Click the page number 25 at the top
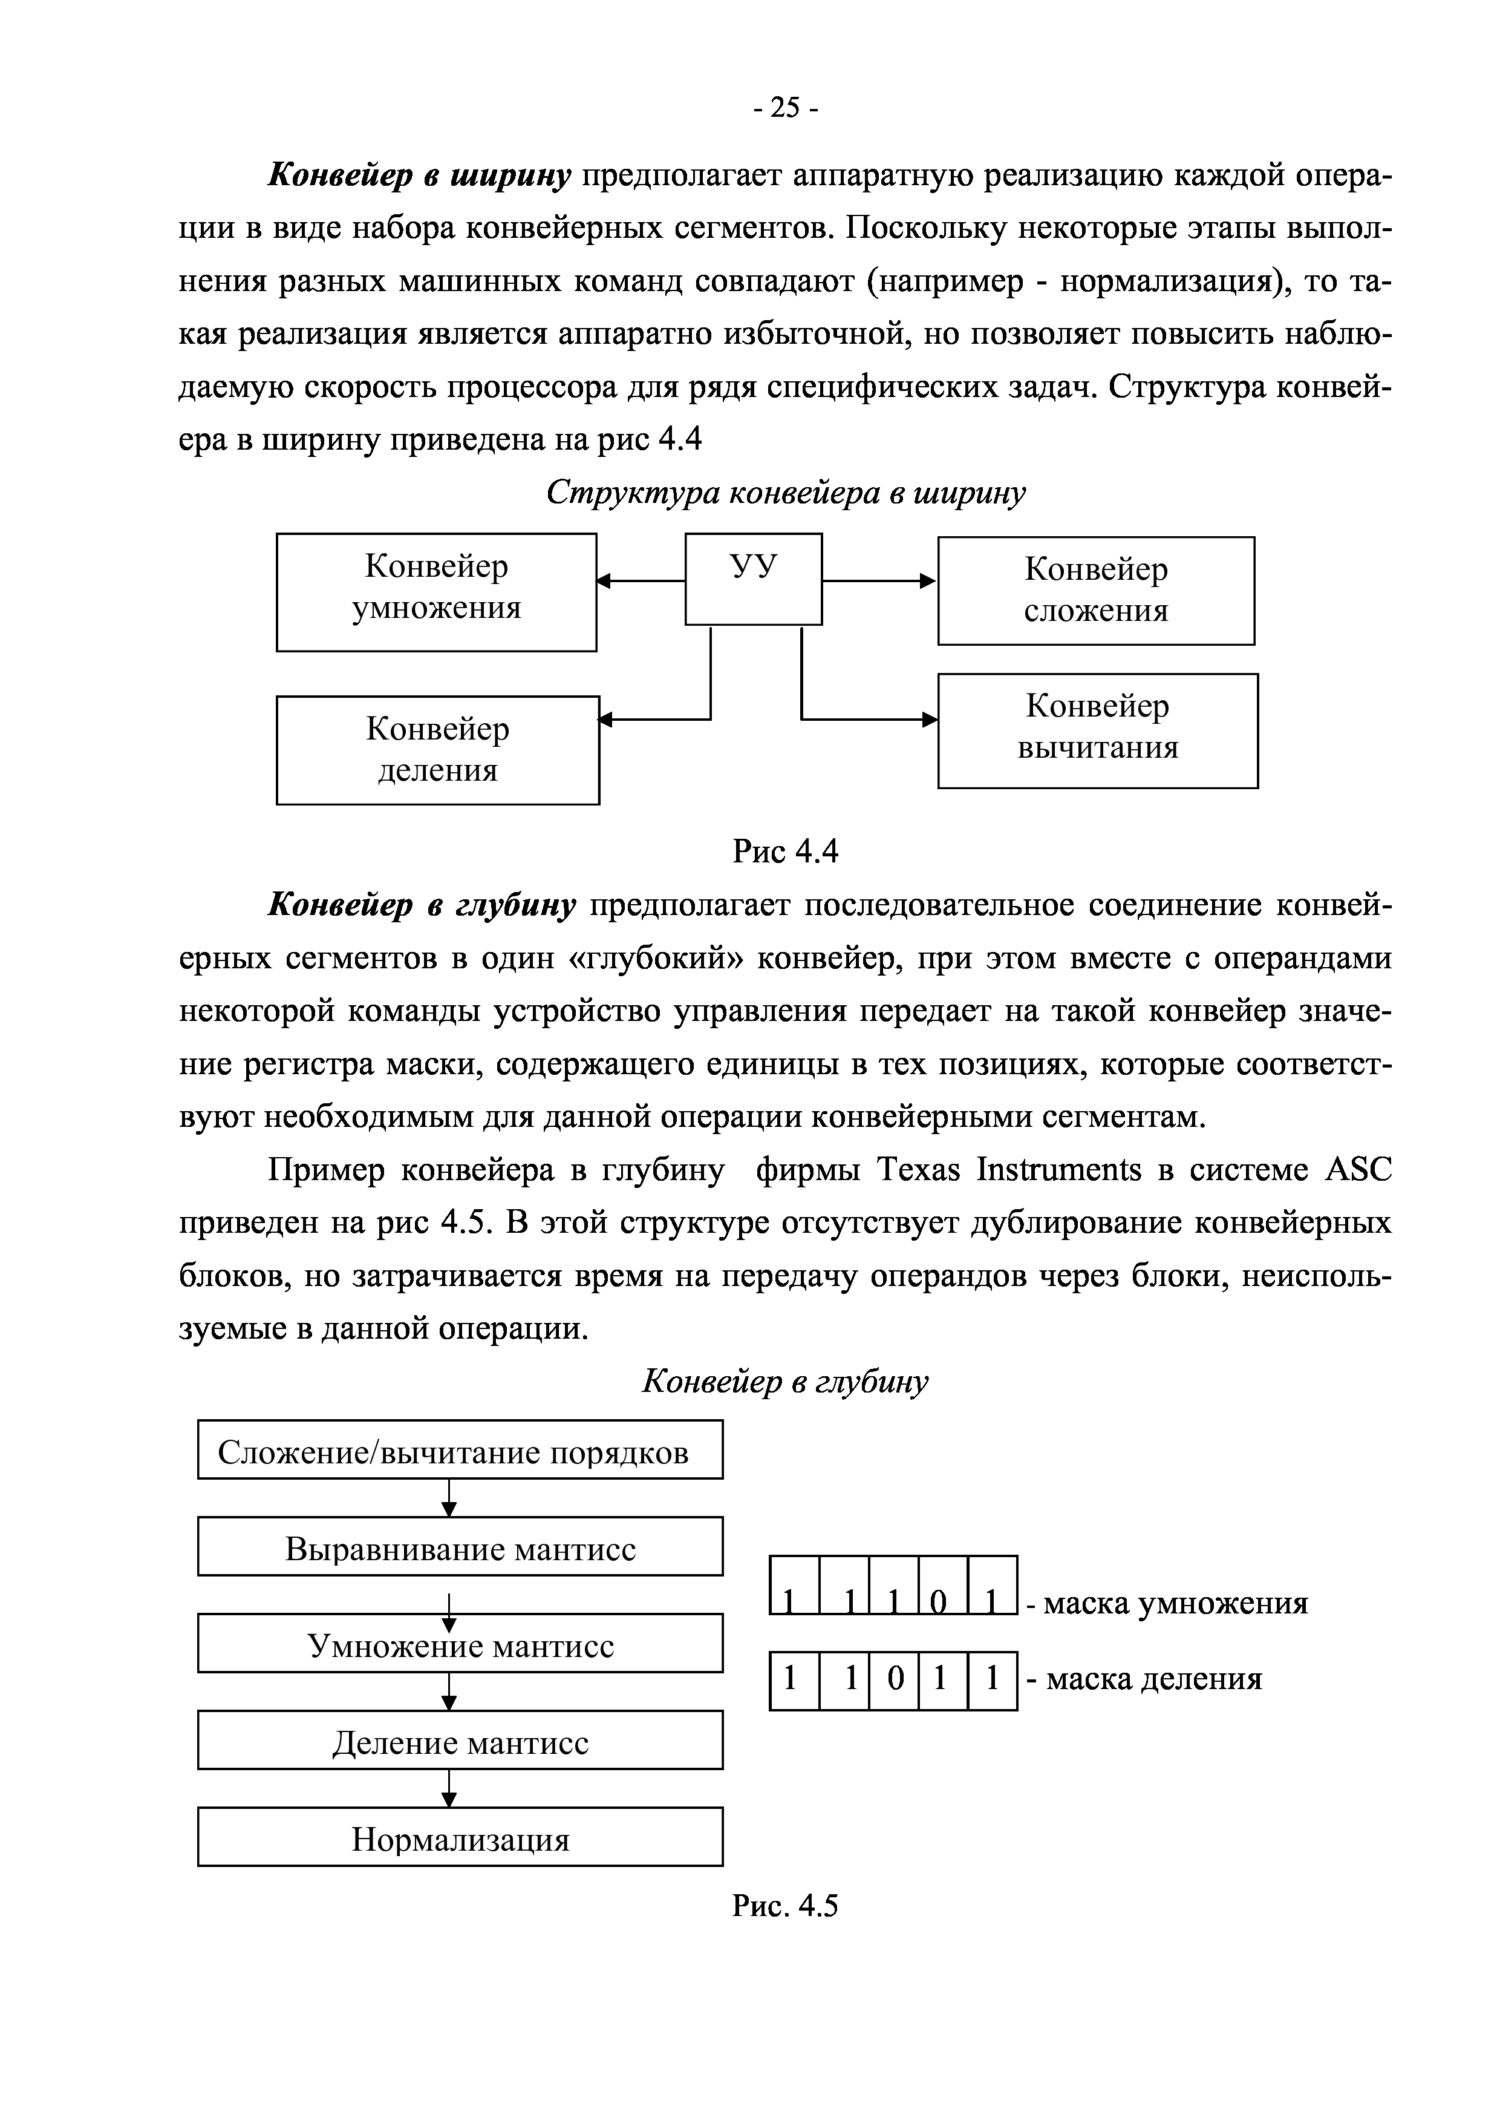pyautogui.click(x=784, y=108)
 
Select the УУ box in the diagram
pyautogui.click(x=753, y=579)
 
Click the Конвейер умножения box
pyautogui.click(x=436, y=592)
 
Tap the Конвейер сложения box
pyautogui.click(x=1096, y=591)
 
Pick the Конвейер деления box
pyautogui.click(x=437, y=750)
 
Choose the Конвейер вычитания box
pyautogui.click(x=1098, y=730)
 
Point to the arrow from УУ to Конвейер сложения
pyautogui.click(x=879, y=581)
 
